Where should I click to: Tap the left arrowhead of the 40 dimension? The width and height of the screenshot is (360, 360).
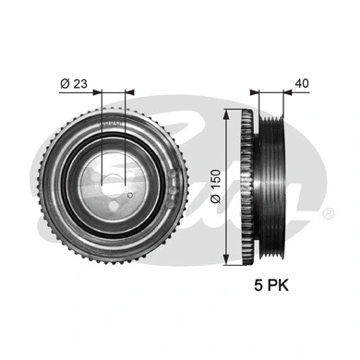click(253, 92)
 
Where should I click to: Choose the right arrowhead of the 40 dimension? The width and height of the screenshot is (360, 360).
click(287, 92)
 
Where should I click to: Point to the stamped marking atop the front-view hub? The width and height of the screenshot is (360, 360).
click(112, 121)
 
